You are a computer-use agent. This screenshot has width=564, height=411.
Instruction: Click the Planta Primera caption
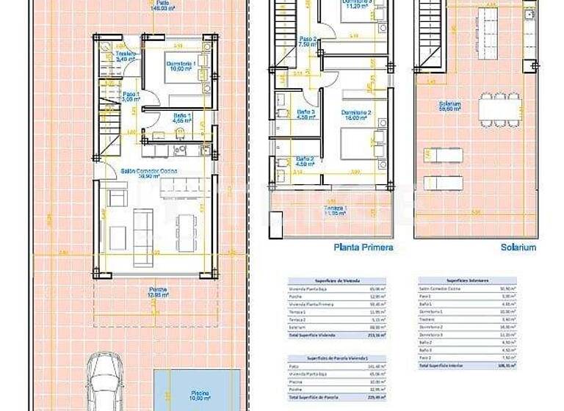tap(363, 247)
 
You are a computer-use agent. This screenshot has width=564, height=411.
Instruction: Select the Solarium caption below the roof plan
tap(518, 247)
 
